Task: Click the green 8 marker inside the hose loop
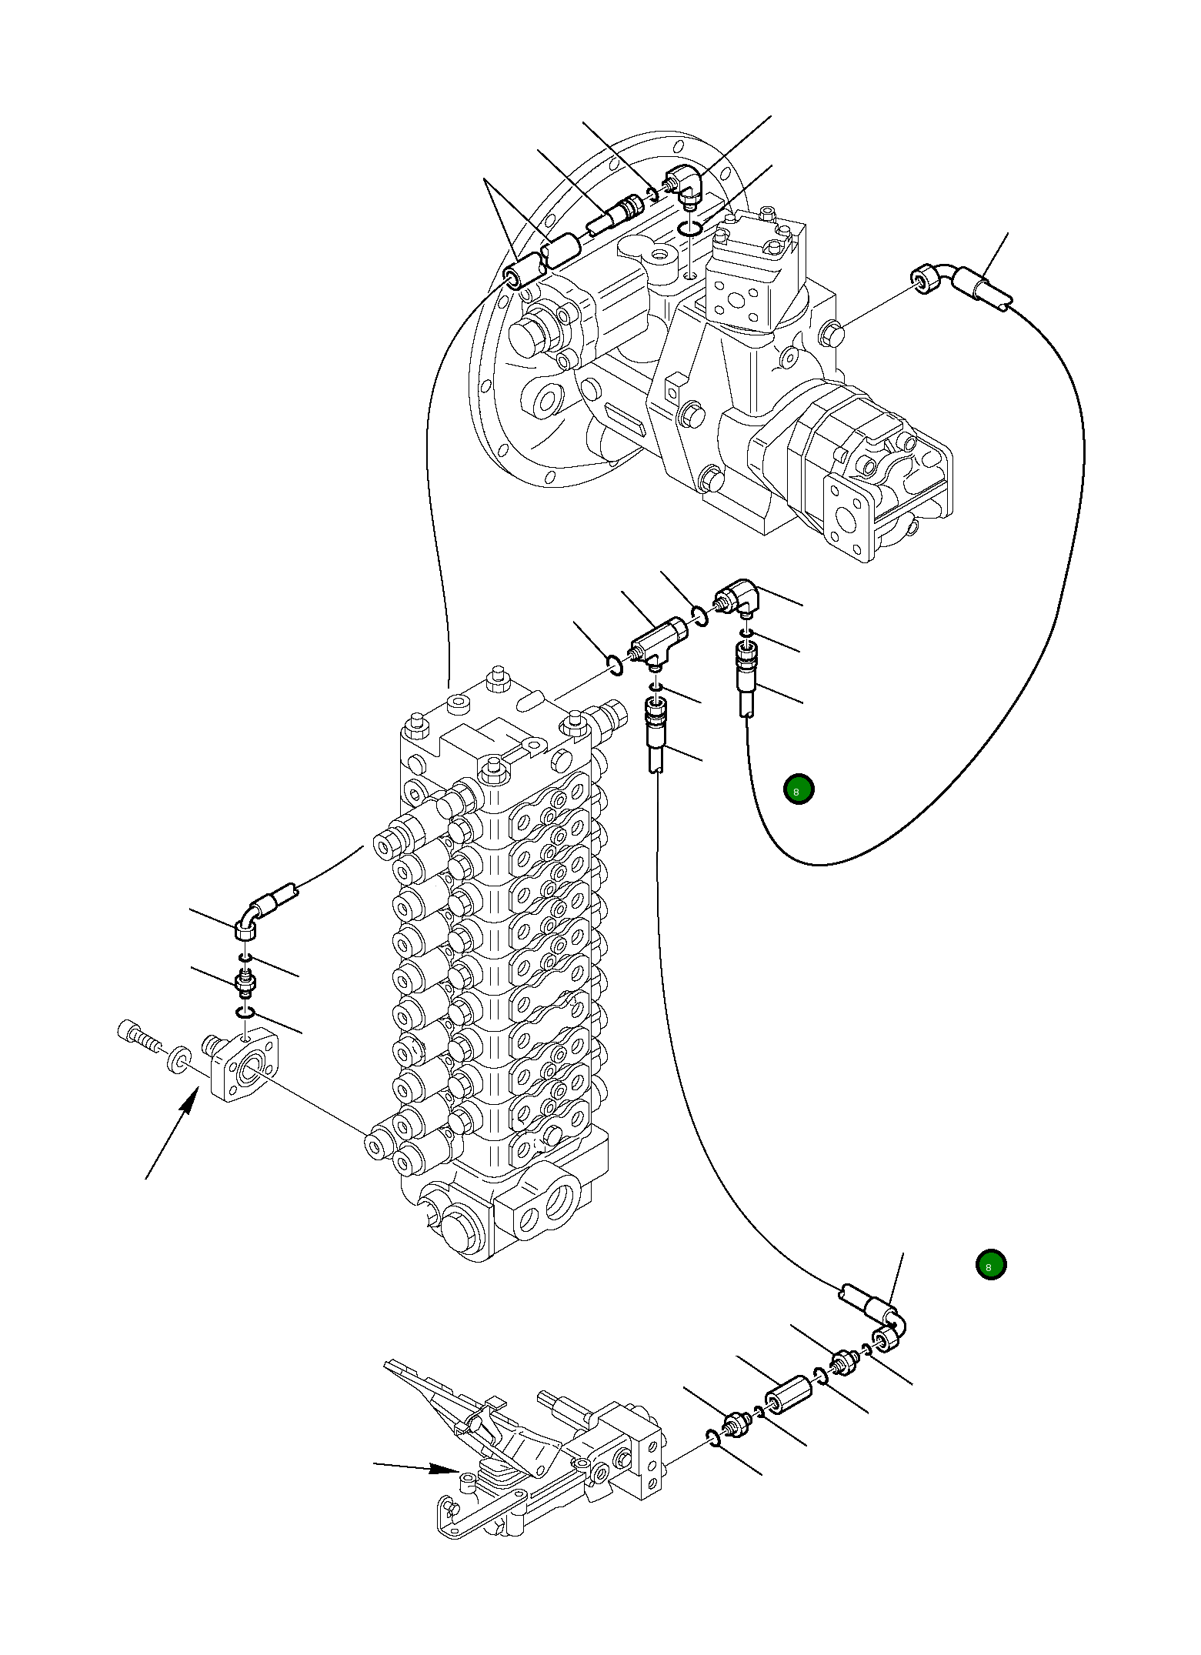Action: [798, 789]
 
